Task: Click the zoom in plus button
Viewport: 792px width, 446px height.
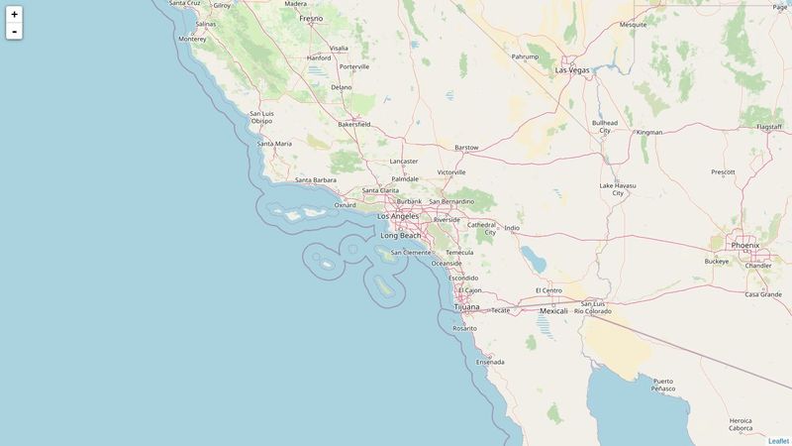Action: point(14,14)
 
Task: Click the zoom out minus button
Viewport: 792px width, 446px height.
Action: point(14,32)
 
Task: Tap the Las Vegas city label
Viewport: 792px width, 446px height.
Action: point(572,70)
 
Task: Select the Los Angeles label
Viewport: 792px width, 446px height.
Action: point(398,216)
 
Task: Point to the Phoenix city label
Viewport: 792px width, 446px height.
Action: point(744,245)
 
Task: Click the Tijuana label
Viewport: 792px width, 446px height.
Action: point(466,306)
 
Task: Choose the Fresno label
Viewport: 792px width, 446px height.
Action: point(311,18)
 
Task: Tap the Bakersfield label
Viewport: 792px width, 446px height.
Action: point(354,124)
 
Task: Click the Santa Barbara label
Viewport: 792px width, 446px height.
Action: point(317,180)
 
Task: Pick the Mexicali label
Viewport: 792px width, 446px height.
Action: point(553,311)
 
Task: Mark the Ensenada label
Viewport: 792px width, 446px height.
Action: point(490,362)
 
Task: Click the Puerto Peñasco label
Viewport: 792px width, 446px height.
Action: point(663,385)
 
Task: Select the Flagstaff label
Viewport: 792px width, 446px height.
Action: point(768,127)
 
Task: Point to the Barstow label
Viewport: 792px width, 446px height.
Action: point(466,148)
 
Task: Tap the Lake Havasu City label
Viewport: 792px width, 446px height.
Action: point(619,189)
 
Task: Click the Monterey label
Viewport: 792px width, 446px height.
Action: point(192,39)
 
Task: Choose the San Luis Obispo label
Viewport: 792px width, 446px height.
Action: point(262,117)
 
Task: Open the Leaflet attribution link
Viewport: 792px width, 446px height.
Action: point(778,441)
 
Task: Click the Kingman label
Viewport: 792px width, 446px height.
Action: point(649,132)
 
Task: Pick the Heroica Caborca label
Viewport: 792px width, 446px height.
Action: point(741,424)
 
